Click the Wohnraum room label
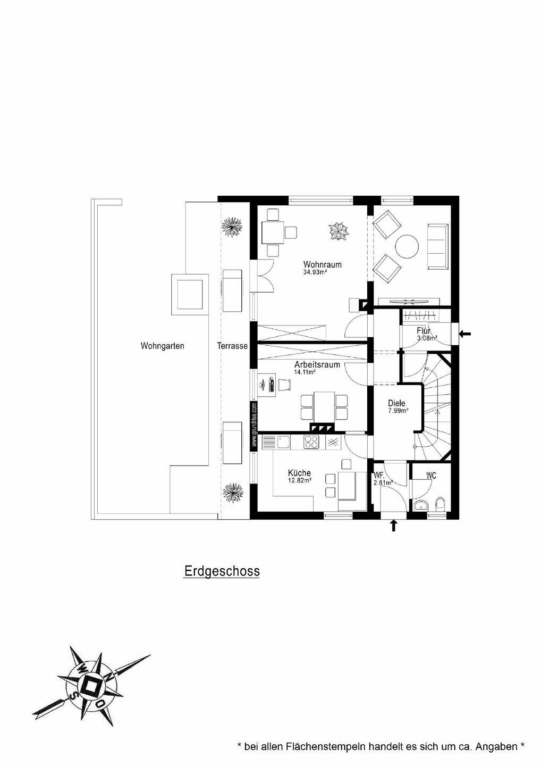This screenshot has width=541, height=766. coord(322,264)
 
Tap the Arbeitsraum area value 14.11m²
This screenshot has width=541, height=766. coord(305,372)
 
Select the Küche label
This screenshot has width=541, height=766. coord(299,473)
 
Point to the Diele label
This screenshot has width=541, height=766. coord(396,403)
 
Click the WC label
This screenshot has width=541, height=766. coord(431,476)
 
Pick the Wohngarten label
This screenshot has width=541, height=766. coord(162,346)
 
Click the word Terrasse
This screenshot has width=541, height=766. coord(232,346)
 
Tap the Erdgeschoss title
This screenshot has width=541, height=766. coord(222,571)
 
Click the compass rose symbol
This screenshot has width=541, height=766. coord(91,686)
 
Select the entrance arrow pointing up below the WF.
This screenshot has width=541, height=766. coord(393,526)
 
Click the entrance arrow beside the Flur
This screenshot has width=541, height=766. coord(465,334)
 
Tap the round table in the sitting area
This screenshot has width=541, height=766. coord(407,246)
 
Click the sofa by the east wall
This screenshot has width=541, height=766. coord(437,246)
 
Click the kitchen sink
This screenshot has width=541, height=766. coord(276,442)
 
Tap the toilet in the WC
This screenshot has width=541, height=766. coord(440,504)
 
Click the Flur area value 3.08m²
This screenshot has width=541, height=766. coord(427,338)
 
